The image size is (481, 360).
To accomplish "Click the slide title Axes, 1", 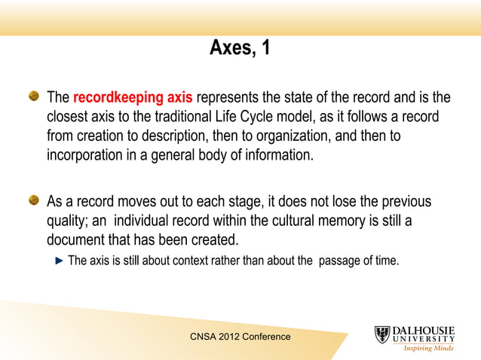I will point(240,49).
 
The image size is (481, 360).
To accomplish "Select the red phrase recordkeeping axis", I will point(133,98).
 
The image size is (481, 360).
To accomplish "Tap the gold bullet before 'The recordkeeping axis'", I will point(35,97).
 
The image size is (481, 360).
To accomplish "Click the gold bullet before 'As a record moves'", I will point(35,201).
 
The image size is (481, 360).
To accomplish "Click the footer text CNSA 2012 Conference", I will point(240,337).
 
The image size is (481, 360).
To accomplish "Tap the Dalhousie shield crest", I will point(382,335).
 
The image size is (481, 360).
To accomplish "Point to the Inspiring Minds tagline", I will point(429,349).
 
